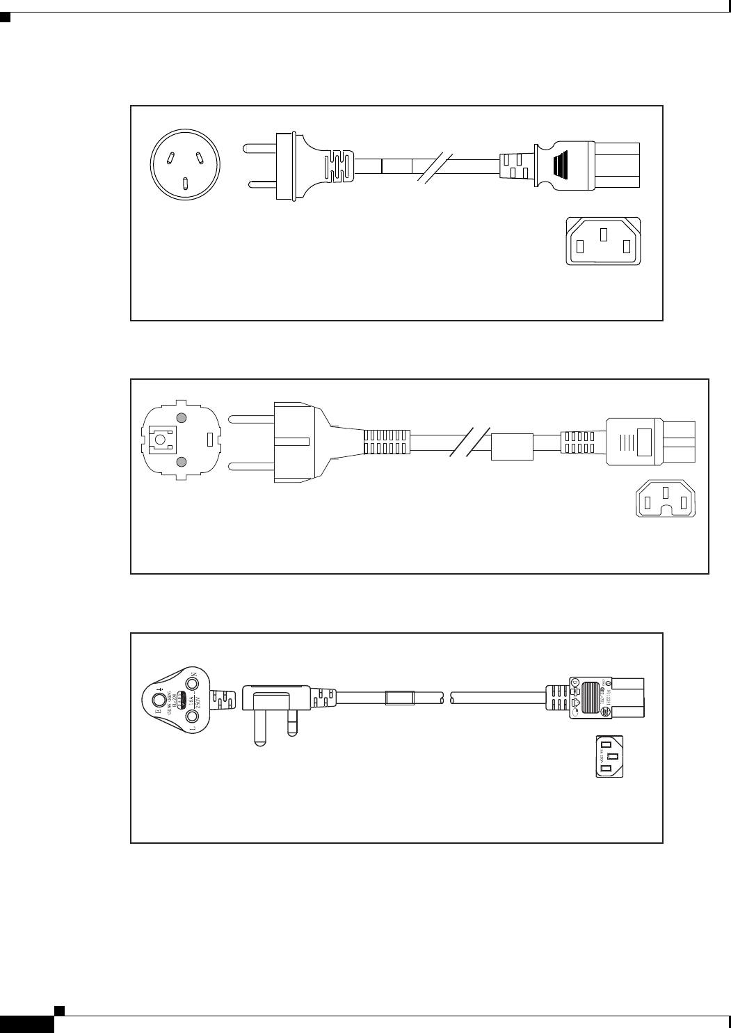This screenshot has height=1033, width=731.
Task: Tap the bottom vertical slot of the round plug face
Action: (x=185, y=183)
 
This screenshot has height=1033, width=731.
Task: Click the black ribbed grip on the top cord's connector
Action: (x=561, y=166)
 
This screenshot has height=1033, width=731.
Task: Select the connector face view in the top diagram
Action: (x=603, y=241)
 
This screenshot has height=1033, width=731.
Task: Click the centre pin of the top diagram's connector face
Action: (x=604, y=234)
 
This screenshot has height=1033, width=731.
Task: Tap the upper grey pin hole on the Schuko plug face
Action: (x=181, y=418)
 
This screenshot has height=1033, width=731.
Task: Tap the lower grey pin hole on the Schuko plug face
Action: (x=181, y=462)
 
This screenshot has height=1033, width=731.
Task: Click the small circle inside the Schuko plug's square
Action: (x=161, y=440)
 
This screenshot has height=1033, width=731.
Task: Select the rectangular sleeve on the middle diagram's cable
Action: (x=512, y=447)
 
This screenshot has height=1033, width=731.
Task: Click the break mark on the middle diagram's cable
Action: (x=470, y=441)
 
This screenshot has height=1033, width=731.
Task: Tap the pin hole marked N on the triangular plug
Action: (x=191, y=683)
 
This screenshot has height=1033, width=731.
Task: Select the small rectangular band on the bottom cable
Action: (x=399, y=697)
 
